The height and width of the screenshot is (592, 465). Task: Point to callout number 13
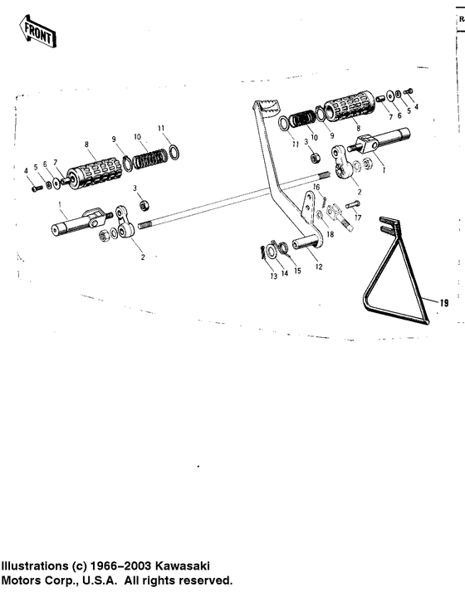point(273,276)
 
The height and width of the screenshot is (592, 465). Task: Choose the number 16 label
point(316,188)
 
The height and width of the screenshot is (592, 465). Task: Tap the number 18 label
point(330,235)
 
